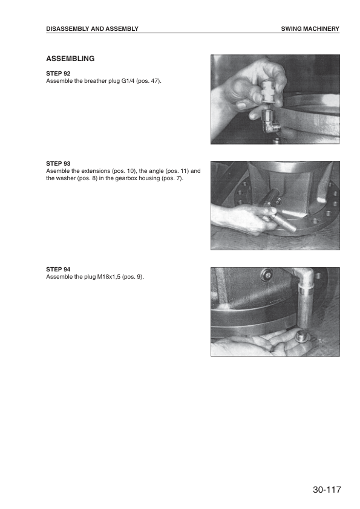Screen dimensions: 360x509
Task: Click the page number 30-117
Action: point(327,490)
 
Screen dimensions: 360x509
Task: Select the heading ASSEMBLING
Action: point(70,59)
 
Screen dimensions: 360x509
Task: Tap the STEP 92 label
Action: point(58,74)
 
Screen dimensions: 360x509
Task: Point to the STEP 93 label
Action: point(58,164)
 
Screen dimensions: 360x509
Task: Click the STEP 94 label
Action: point(58,270)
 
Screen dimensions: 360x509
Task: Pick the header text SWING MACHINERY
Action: point(310,29)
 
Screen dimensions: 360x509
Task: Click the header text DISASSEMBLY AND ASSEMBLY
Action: point(93,29)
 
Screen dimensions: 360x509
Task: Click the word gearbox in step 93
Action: point(126,178)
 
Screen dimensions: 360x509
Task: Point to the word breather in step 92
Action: point(95,81)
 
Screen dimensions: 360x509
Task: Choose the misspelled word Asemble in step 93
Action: point(58,170)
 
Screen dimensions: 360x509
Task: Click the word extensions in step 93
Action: point(96,170)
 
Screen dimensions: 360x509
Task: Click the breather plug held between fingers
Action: point(269,92)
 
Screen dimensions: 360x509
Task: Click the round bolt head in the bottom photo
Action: point(267,275)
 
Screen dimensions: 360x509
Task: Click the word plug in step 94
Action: point(90,277)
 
